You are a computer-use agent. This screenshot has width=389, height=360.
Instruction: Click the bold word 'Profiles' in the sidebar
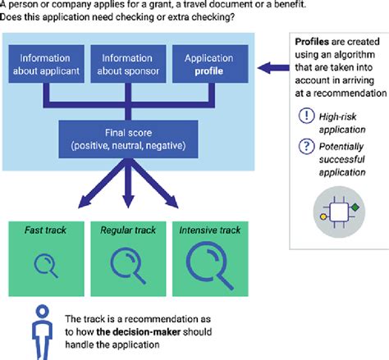coord(311,41)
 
